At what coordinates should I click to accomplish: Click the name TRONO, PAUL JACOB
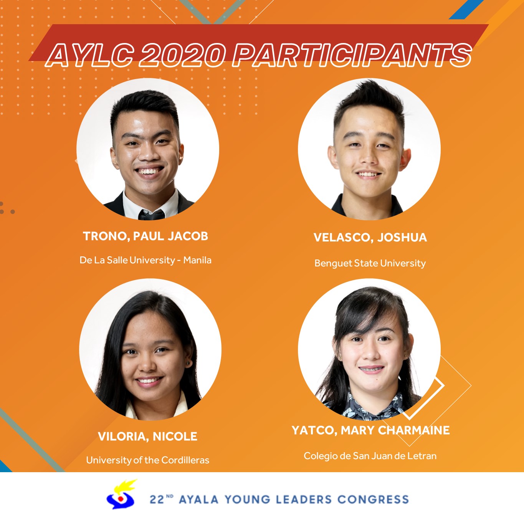(x=145, y=236)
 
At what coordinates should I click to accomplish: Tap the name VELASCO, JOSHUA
(x=370, y=237)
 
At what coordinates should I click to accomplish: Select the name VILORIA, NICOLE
(x=147, y=436)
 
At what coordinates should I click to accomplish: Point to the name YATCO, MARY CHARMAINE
(x=370, y=430)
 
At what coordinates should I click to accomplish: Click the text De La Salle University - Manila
(x=145, y=260)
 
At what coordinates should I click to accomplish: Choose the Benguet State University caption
(x=370, y=263)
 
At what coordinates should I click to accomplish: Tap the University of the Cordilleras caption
(x=148, y=460)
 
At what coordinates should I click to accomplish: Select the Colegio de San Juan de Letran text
(x=370, y=456)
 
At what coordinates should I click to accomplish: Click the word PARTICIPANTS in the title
(x=352, y=56)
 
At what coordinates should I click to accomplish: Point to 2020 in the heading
(x=182, y=56)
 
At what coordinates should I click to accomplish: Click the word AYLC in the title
(x=90, y=56)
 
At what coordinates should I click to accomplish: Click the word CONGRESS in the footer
(x=373, y=499)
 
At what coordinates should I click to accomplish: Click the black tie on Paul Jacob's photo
(x=152, y=215)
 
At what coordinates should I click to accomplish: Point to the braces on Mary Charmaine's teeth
(x=372, y=369)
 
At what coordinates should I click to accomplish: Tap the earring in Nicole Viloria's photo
(x=187, y=363)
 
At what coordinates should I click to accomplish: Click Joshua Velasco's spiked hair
(x=370, y=99)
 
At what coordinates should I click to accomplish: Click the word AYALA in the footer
(x=199, y=499)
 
